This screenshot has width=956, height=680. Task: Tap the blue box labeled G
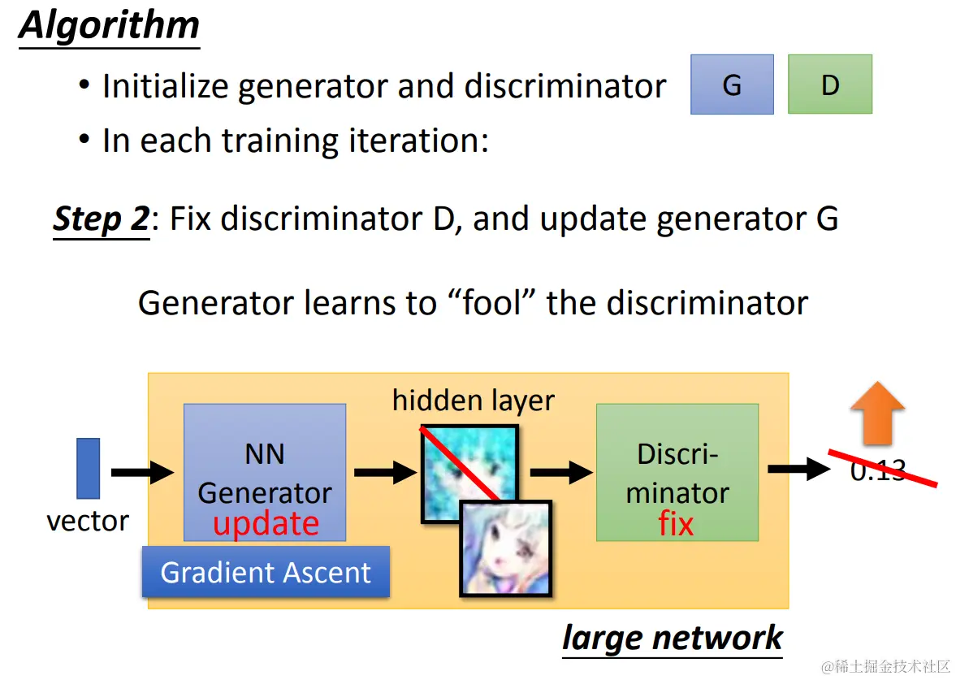tap(732, 84)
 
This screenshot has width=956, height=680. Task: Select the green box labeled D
tap(829, 84)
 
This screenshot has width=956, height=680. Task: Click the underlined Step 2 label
tap(102, 219)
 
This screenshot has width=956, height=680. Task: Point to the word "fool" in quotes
tap(491, 303)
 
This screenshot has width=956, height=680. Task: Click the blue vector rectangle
tap(88, 468)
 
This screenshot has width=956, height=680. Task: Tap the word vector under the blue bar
tap(88, 521)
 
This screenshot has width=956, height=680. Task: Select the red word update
tap(266, 523)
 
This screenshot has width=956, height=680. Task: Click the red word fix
tap(676, 524)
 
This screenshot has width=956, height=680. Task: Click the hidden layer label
tap(473, 401)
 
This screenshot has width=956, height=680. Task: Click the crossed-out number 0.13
tap(877, 470)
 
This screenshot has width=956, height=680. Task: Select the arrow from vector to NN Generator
tap(142, 472)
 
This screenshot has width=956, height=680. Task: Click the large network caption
tap(672, 638)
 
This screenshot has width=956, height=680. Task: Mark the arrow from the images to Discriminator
tap(561, 471)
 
